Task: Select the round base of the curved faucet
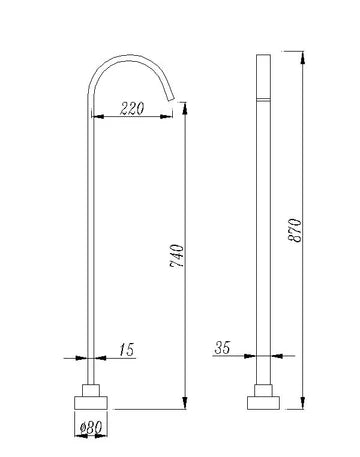[92, 405]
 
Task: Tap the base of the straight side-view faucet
[263, 405]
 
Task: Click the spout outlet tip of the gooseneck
[178, 97]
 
